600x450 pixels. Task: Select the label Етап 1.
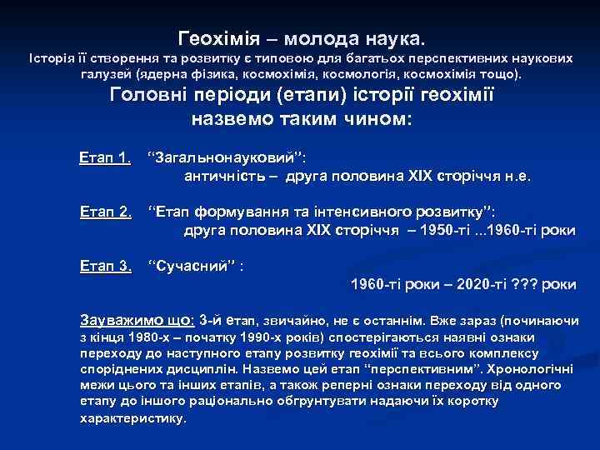coord(105,157)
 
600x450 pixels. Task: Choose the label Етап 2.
coord(105,212)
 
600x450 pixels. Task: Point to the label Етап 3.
coord(105,267)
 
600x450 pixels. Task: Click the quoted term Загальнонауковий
coord(226,157)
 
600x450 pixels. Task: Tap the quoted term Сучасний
coord(192,267)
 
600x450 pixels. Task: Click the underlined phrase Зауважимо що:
coord(137,320)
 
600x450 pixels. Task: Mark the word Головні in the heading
coord(152,94)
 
